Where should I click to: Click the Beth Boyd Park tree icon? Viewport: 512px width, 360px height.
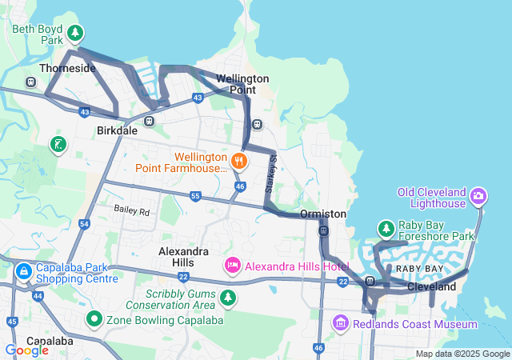click(x=74, y=34)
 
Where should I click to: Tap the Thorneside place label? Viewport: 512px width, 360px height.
click(x=67, y=69)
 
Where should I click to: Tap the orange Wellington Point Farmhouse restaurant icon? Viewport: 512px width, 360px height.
click(x=238, y=162)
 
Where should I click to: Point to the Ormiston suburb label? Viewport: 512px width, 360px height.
click(x=323, y=214)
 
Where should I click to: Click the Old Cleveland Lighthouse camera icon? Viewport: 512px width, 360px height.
click(x=478, y=195)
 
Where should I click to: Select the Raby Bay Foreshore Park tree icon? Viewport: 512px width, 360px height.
click(x=386, y=229)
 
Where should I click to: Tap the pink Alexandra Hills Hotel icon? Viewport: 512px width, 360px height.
click(x=233, y=265)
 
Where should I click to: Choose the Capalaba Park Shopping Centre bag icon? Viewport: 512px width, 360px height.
click(x=23, y=272)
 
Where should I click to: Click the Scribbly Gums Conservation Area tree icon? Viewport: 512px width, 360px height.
click(x=229, y=298)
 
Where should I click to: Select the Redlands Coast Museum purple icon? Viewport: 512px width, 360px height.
click(x=340, y=323)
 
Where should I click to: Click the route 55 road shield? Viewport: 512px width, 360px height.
click(x=195, y=196)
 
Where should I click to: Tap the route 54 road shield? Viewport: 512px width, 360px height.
click(x=85, y=225)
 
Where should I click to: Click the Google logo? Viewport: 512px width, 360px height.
click(x=26, y=350)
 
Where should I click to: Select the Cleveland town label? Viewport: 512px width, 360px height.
click(x=431, y=286)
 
